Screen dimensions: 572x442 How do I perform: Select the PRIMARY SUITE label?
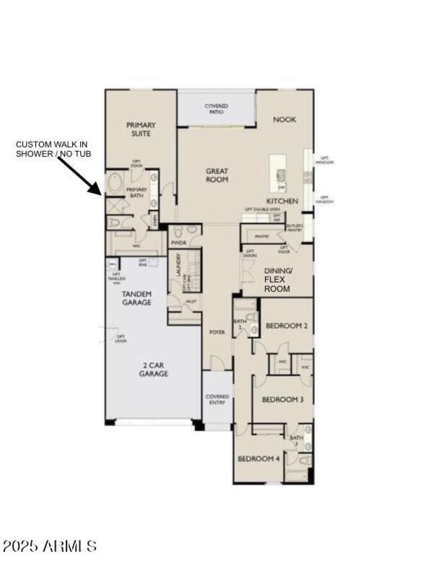(141, 129)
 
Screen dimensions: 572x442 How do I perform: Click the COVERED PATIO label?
(216, 109)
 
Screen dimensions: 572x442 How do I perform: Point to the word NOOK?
(284, 119)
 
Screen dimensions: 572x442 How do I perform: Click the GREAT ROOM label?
(217, 175)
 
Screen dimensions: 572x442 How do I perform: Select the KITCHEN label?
(282, 201)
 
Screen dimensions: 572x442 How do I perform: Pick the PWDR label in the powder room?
(178, 243)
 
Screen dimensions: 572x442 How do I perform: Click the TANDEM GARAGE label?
(136, 298)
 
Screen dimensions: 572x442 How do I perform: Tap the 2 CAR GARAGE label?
(153, 369)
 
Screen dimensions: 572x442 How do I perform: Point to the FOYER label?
(217, 332)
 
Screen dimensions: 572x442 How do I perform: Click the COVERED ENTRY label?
(217, 400)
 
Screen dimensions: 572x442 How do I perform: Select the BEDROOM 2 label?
(286, 326)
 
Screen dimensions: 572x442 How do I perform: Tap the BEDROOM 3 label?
(282, 400)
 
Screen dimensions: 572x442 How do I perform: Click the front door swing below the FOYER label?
(217, 363)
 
